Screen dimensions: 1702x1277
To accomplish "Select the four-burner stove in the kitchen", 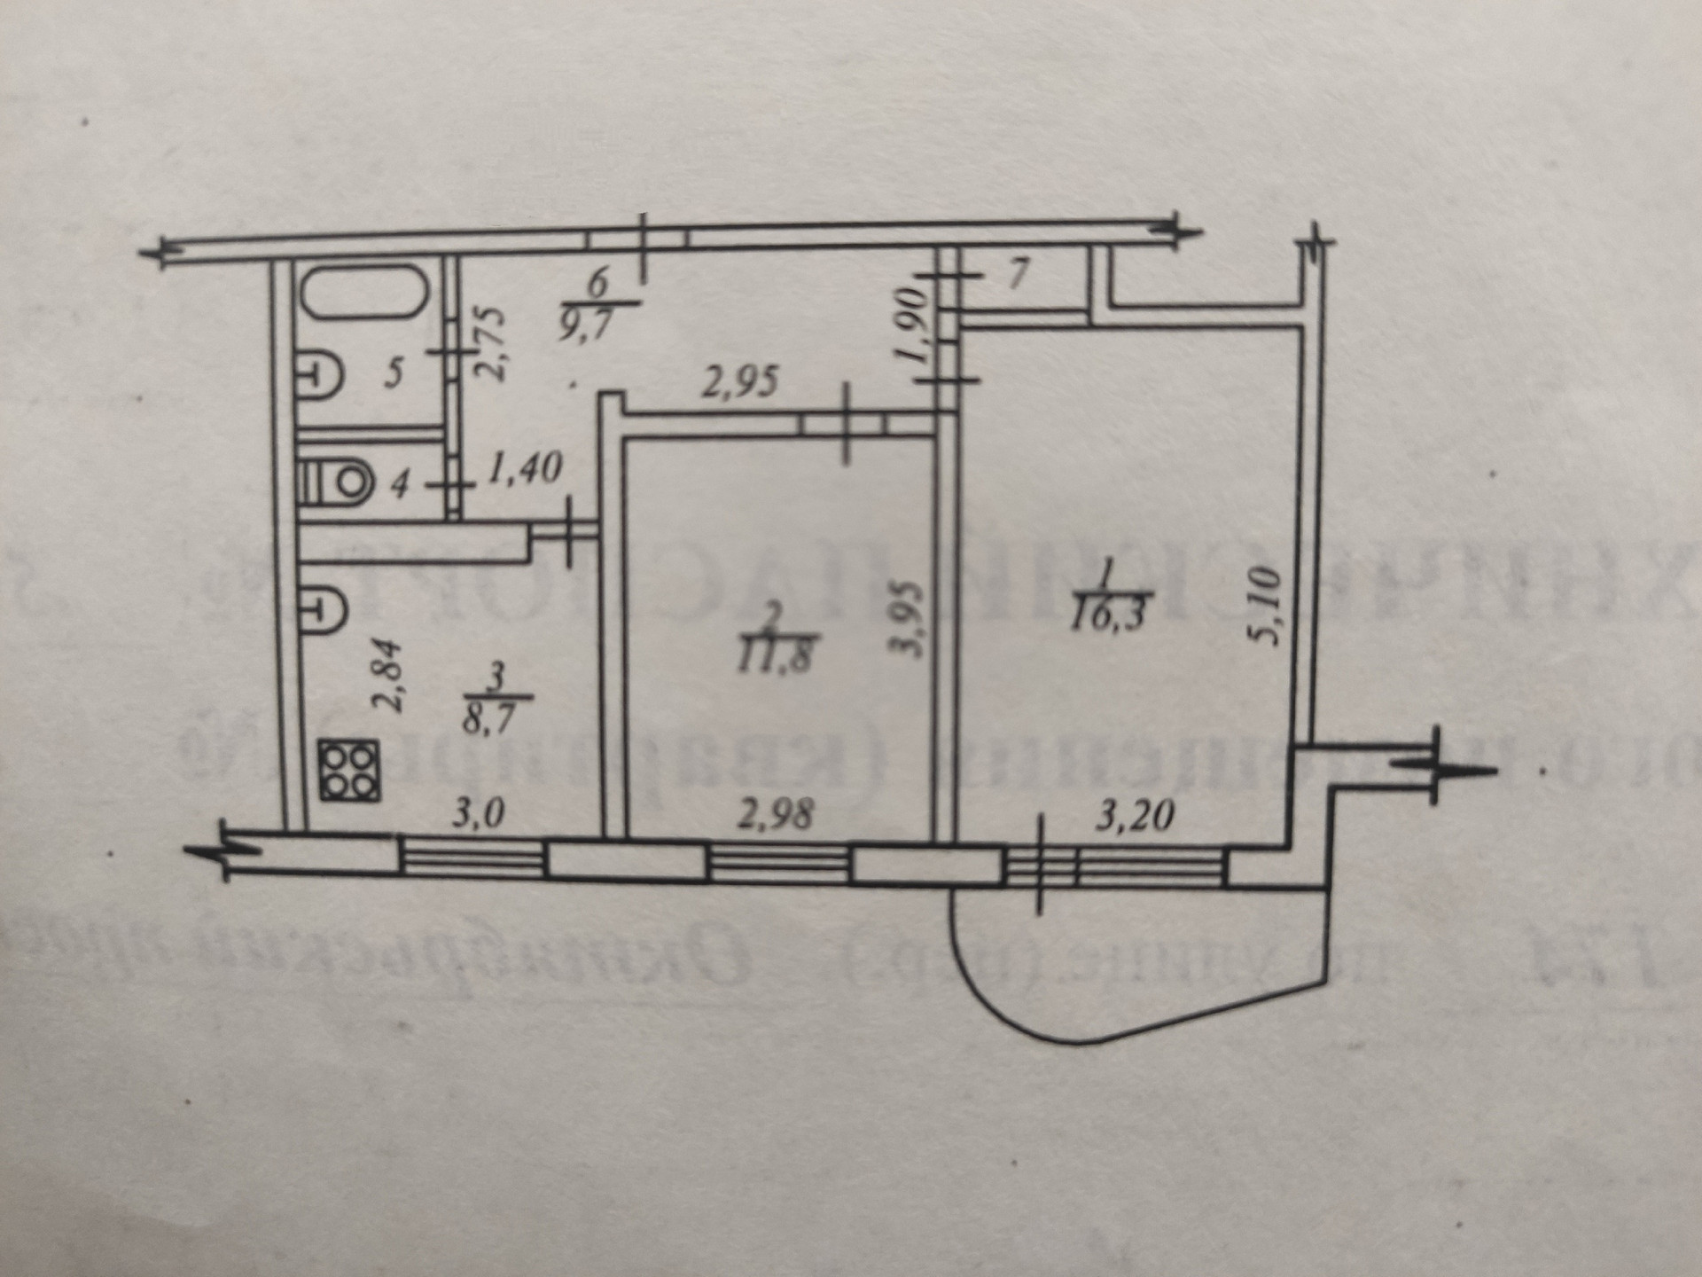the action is tap(351, 771).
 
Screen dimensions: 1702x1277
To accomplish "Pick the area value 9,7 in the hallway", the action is tap(597, 317).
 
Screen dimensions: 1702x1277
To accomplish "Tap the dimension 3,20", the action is tap(1135, 814).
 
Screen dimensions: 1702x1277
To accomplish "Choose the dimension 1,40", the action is tap(525, 467).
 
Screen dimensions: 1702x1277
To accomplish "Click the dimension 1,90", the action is tap(914, 325).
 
